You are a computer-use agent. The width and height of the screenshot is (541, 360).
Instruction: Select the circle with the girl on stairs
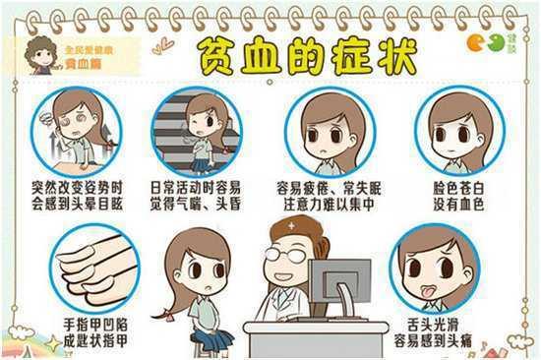click(198, 132)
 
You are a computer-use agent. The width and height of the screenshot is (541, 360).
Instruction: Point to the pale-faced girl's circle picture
click(453, 132)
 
